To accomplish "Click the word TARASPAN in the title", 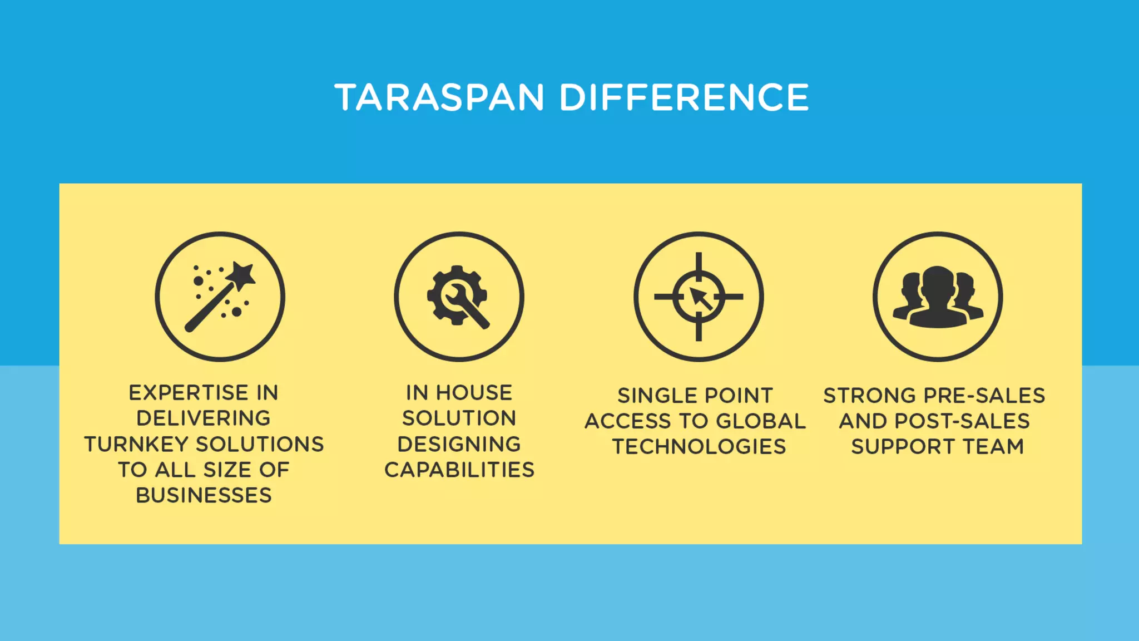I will pos(439,97).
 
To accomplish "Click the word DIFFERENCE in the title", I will pos(684,97).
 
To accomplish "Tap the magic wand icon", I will pos(220,297).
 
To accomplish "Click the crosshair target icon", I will pos(699,297).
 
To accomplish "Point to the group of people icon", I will pos(938,297).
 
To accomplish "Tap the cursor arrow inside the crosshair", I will pos(700,298).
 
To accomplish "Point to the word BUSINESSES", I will pos(204,495).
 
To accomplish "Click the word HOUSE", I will pos(474,393).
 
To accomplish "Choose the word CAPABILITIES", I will pos(459,470).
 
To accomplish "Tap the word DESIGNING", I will pos(459,445).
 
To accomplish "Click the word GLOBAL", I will pos(761,421).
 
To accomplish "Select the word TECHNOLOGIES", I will pos(699,447).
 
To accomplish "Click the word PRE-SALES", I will pos(984,396).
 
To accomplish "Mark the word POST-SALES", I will pos(962,421).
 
